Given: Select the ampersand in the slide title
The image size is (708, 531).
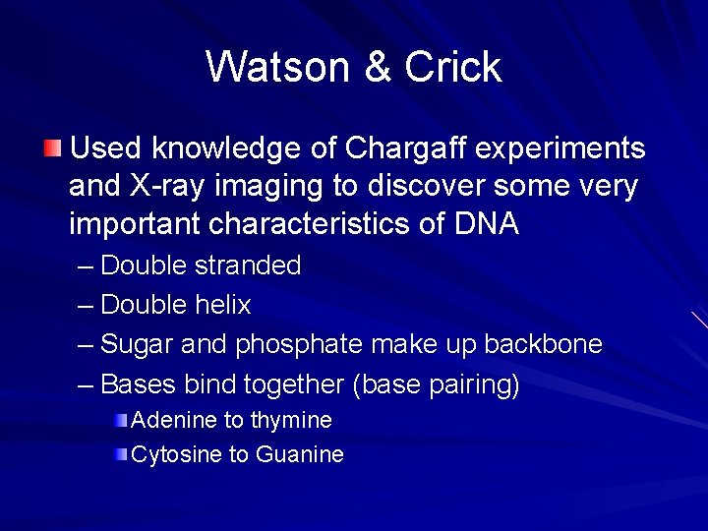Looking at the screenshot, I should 380,67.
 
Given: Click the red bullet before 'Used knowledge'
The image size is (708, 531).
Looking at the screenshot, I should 52,149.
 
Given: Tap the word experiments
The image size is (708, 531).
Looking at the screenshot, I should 563,148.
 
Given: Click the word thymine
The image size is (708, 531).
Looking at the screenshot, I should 291,420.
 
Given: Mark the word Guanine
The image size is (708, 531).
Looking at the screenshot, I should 300,454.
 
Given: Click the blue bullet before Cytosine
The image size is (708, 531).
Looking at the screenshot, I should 120,454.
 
